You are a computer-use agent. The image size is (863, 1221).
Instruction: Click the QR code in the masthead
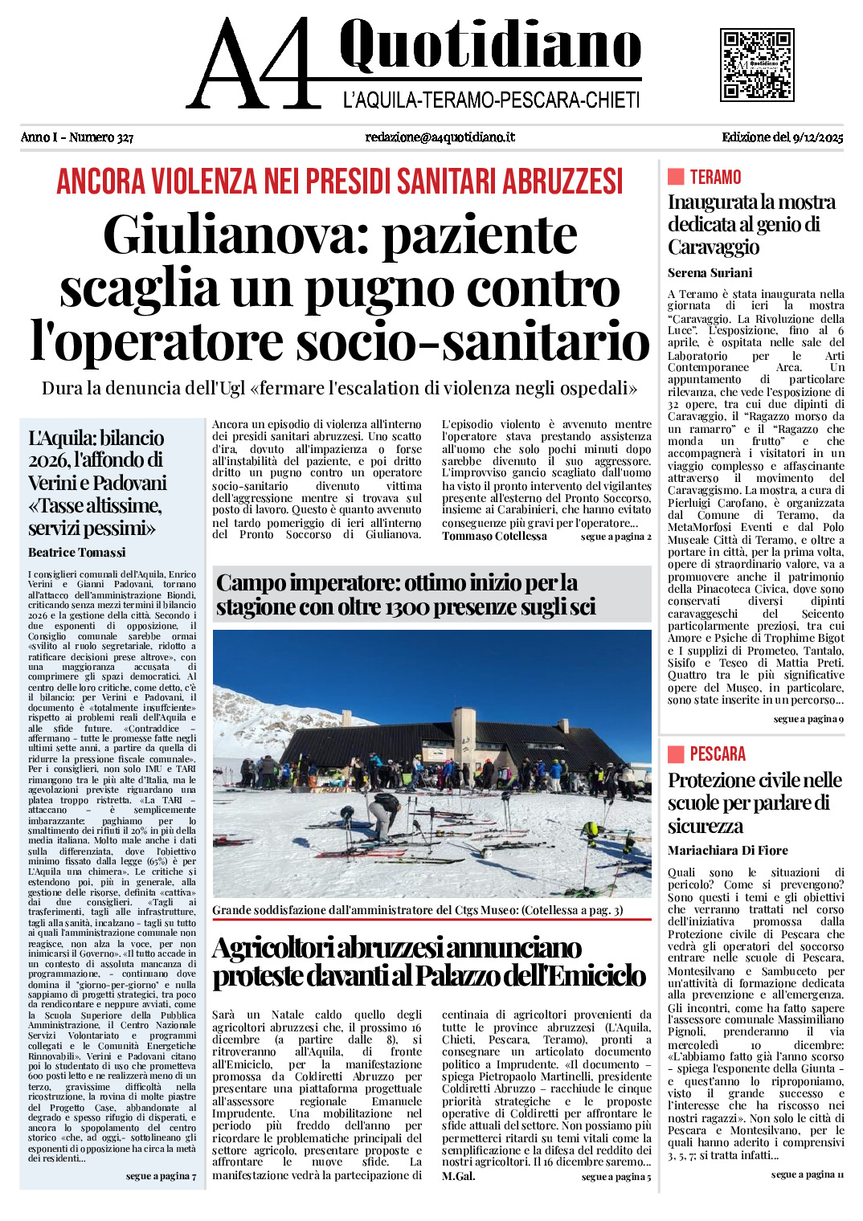tap(757, 65)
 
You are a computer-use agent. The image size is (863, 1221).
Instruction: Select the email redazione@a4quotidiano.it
tap(440, 137)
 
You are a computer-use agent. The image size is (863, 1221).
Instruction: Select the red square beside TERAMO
tap(676, 177)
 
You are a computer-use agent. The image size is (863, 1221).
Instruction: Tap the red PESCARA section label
tap(718, 753)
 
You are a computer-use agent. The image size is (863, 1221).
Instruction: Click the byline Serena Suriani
tap(710, 272)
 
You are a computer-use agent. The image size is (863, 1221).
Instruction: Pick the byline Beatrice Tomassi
tap(76, 552)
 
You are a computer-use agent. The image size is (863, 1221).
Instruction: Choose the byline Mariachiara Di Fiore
tap(727, 850)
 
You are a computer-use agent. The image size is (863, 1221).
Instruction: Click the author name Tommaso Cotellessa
tap(494, 536)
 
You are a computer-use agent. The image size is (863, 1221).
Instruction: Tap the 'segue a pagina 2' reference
tap(616, 537)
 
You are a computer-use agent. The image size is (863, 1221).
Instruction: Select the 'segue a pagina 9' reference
tap(808, 719)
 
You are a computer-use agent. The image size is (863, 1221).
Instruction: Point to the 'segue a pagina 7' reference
tap(161, 1176)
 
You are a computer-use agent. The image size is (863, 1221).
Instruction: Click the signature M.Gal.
tap(458, 1176)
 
